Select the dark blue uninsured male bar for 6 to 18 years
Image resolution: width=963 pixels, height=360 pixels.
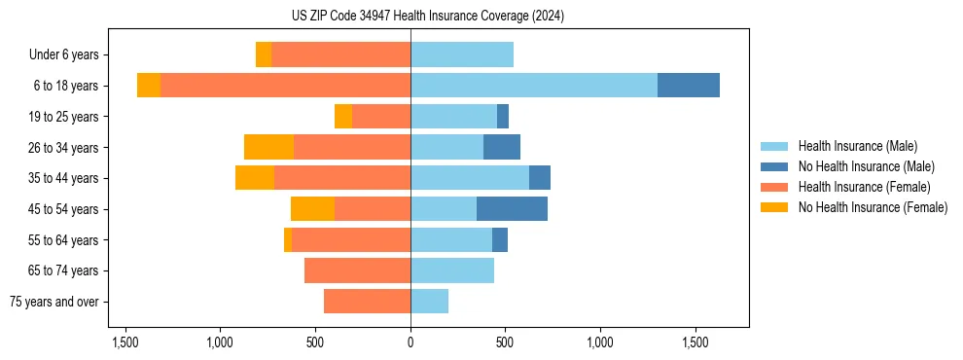coord(688,86)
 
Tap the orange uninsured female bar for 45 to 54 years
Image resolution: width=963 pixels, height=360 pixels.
coord(312,209)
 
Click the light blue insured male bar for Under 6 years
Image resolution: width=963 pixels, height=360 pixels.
coord(462,54)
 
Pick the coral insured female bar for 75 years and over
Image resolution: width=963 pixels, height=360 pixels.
coord(367,302)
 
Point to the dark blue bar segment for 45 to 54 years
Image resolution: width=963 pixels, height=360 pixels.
coord(512,209)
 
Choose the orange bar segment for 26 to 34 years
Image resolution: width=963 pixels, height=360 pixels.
coord(268,147)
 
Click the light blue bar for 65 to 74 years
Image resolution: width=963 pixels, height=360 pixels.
coord(452,270)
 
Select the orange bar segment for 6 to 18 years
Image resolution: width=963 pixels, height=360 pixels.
coord(149,86)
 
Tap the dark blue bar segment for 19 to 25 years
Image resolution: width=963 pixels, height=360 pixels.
coord(503,117)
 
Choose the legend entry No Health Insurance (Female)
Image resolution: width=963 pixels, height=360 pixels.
coord(873,207)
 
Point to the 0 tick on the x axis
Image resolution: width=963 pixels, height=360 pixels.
coord(410,342)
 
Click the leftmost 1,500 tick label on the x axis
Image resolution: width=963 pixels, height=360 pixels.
coord(125,342)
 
